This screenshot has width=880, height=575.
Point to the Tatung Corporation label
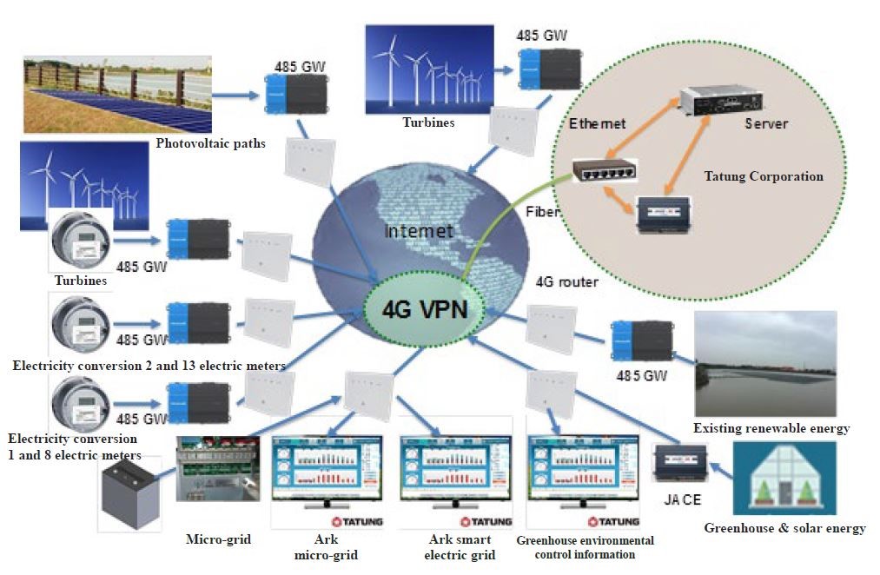pyautogui.click(x=763, y=176)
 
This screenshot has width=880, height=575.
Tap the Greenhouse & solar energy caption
pyautogui.click(x=784, y=528)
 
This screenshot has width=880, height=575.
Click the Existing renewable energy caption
pyautogui.click(x=771, y=428)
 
